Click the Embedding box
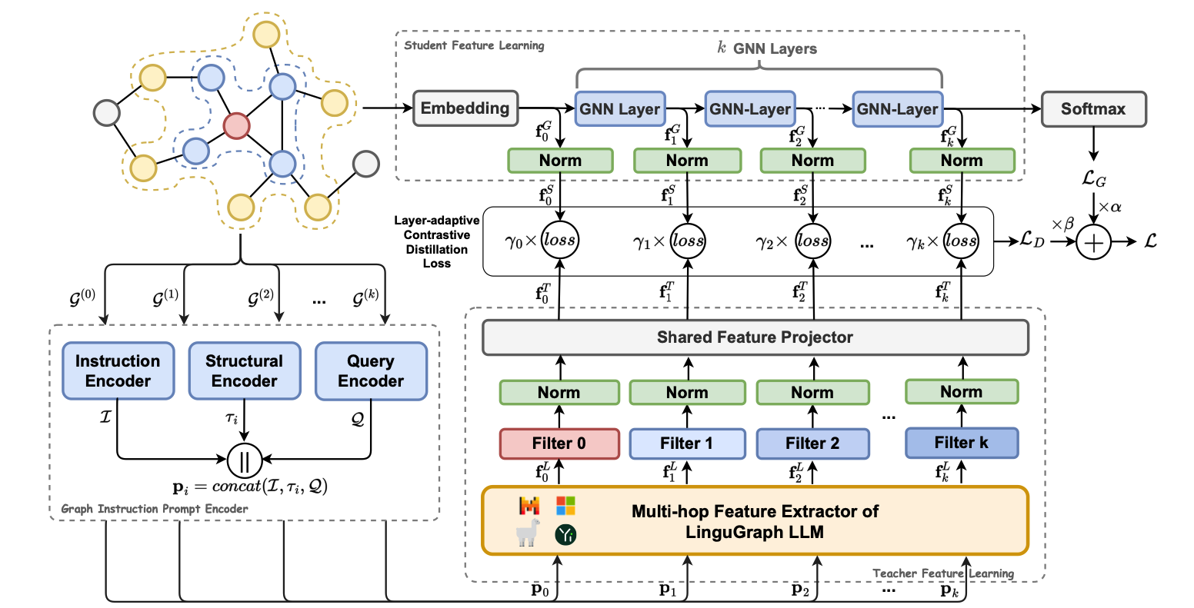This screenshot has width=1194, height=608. point(465,108)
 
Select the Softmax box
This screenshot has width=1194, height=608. point(1092,109)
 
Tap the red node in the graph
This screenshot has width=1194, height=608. point(236,125)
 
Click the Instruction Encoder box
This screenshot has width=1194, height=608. point(118,371)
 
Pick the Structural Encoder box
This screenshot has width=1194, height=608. point(244,371)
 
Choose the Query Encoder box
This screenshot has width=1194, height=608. point(371,371)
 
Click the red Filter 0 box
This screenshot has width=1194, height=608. point(559,444)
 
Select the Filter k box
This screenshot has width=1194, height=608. point(962,443)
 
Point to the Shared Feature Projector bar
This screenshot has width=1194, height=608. point(755,337)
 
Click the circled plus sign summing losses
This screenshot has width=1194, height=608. point(1094,242)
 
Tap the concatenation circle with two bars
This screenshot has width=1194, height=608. point(245,460)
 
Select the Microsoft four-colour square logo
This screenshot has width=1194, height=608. point(565,506)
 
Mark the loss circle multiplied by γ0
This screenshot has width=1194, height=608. point(559,241)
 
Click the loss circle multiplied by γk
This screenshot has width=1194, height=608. point(962,241)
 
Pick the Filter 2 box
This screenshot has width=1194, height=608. point(812,444)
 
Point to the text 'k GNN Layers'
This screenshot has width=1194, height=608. point(766,48)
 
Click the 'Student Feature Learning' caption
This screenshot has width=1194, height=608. point(474,45)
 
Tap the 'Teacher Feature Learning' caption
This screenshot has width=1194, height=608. point(943,573)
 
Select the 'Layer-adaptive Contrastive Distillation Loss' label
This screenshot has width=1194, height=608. point(436,241)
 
